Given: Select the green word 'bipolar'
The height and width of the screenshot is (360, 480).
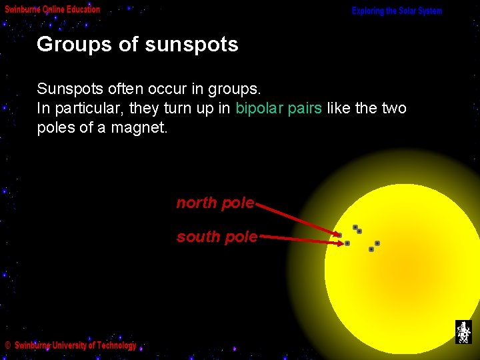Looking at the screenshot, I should pyautogui.click(x=259, y=108).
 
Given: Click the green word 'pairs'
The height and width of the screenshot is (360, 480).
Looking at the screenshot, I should pyautogui.click(x=305, y=108).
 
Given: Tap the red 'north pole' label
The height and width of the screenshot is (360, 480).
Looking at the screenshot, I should pyautogui.click(x=215, y=203).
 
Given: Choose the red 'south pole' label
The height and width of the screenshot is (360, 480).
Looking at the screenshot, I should pyautogui.click(x=217, y=237).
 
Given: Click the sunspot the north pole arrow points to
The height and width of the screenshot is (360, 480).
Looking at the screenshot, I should pyautogui.click(x=339, y=235).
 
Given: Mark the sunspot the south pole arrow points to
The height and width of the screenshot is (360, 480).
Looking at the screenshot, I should pyautogui.click(x=347, y=243).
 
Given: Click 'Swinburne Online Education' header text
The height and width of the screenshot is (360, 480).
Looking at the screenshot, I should pyautogui.click(x=53, y=9).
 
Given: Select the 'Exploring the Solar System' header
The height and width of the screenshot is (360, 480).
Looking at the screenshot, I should pyautogui.click(x=397, y=11).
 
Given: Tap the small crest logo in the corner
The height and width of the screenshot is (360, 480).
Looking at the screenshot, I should pyautogui.click(x=463, y=331).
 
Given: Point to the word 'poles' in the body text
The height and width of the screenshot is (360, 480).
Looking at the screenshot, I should pyautogui.click(x=56, y=127).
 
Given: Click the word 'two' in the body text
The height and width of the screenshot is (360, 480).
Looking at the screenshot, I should pyautogui.click(x=393, y=108).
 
